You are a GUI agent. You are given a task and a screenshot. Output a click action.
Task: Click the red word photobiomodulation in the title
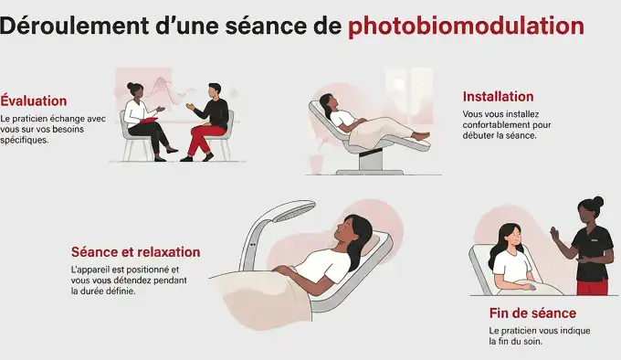(x=465, y=26)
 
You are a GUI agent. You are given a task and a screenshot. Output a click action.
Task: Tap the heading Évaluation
(x=34, y=101)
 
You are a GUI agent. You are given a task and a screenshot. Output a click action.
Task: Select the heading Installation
(x=498, y=97)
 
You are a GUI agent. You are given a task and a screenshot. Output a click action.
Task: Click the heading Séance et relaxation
(x=135, y=252)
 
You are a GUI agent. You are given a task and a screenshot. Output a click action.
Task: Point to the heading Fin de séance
(x=532, y=312)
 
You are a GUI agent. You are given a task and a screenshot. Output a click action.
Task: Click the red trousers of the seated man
(x=203, y=139)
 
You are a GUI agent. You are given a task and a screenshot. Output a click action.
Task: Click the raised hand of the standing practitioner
(x=553, y=235)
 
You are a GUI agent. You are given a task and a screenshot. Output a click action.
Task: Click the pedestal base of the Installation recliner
(x=370, y=162)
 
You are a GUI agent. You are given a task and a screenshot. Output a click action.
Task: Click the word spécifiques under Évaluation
(x=25, y=141)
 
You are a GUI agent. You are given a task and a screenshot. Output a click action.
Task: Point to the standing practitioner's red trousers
(x=592, y=287)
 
